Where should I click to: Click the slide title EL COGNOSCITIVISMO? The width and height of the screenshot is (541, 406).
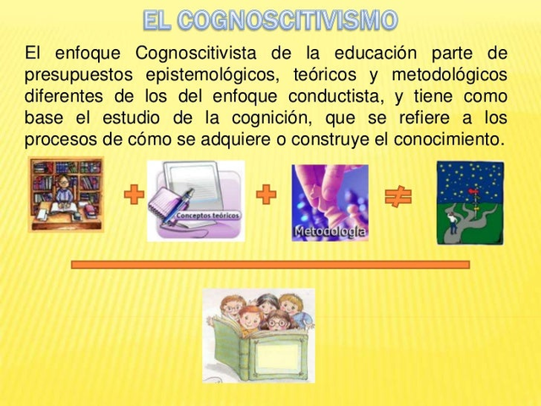click(270, 19)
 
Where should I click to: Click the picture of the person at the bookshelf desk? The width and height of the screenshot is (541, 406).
click(66, 195)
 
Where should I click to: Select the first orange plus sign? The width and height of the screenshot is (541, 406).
click(134, 196)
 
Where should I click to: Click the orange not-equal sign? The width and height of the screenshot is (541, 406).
click(397, 197)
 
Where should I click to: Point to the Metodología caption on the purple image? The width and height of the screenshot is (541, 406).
click(330, 230)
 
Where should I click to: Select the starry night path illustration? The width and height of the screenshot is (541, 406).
click(469, 203)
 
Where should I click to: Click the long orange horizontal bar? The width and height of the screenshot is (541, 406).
click(270, 265)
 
